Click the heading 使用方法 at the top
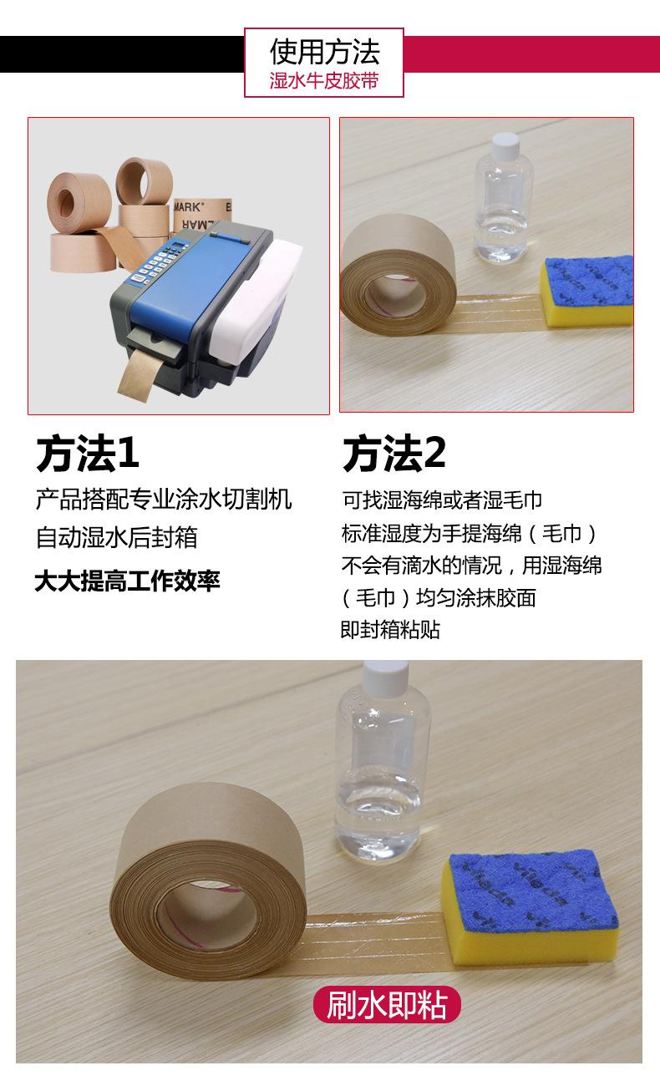324,53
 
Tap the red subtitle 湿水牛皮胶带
324,82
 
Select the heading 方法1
87,454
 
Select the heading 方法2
393,454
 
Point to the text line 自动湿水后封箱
116,536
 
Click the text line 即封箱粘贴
390,629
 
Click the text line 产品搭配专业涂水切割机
164,500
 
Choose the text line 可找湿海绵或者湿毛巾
442,500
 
